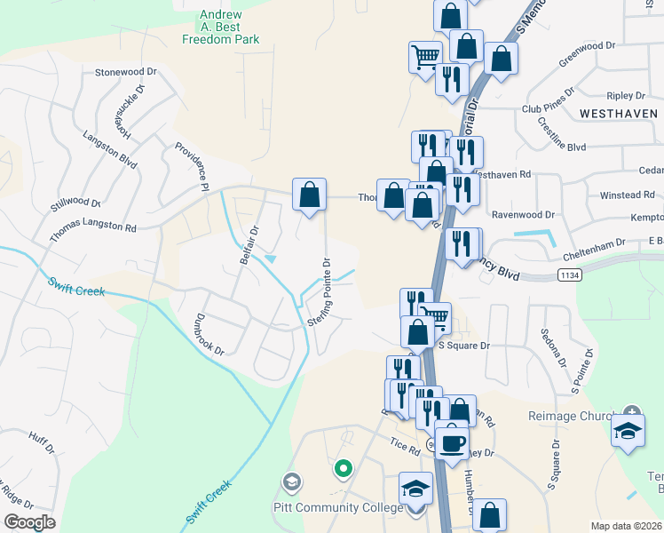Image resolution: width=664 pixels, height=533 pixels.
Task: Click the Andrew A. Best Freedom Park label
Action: (x=221, y=28)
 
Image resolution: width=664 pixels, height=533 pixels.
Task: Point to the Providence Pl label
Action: (x=191, y=166)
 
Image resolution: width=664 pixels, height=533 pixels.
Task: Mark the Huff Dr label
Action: (x=42, y=442)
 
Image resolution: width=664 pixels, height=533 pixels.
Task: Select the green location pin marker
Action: (x=343, y=466)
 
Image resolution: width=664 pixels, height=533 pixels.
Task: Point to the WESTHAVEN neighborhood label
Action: (x=619, y=114)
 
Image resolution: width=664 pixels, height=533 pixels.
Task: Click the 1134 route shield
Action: (x=571, y=276)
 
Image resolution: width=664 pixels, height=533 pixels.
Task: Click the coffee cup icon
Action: (x=452, y=442)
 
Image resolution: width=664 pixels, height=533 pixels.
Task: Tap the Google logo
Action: (x=29, y=522)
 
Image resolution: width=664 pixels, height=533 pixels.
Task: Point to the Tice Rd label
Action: (x=404, y=446)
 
